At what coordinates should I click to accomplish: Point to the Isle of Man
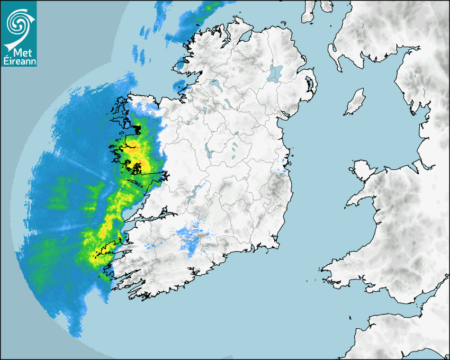point(355,102)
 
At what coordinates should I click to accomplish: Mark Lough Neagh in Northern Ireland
point(276,73)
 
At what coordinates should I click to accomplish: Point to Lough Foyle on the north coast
point(245,38)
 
